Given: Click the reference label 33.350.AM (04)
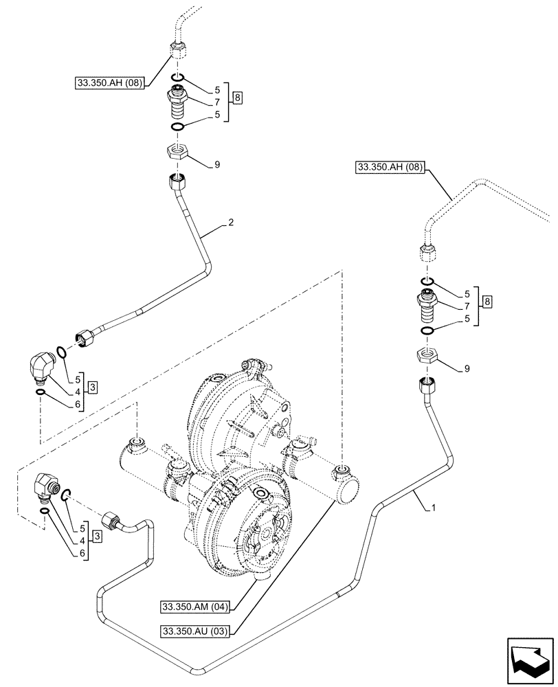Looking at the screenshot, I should pos(196,607).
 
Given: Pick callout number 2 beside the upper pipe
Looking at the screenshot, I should pos(232,223).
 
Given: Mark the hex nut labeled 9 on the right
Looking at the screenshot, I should pos(423,356).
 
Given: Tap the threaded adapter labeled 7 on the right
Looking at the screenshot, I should pos(424,307).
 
